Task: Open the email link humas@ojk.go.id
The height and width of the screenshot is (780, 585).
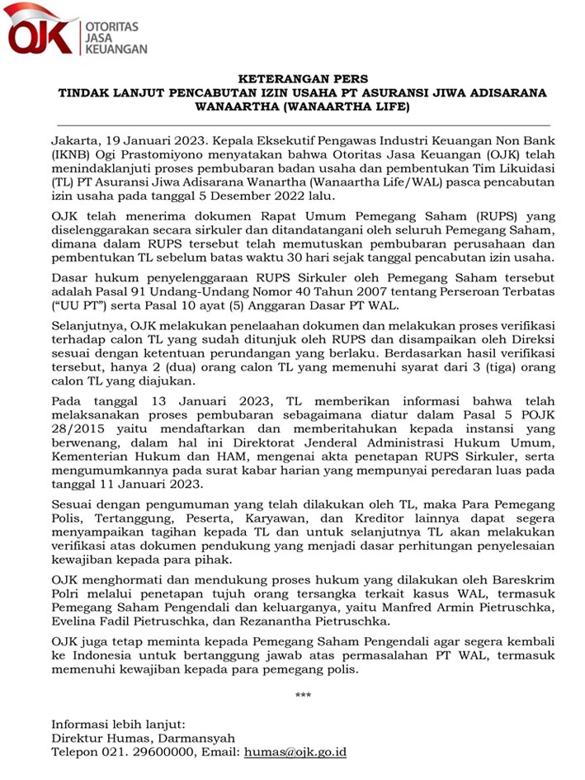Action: click(x=294, y=752)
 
